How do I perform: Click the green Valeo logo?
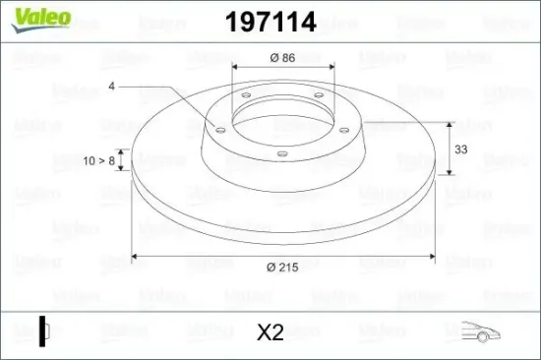coord(41,20)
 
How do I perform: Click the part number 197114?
coord(270,22)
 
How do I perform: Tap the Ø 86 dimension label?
coord(282,58)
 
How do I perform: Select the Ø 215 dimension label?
coord(282,267)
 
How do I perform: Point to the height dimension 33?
coord(461,150)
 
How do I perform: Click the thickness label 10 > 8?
coord(98,160)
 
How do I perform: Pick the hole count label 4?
coord(111,86)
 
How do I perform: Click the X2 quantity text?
coord(270,332)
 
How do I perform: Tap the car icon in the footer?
coord(480,331)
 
